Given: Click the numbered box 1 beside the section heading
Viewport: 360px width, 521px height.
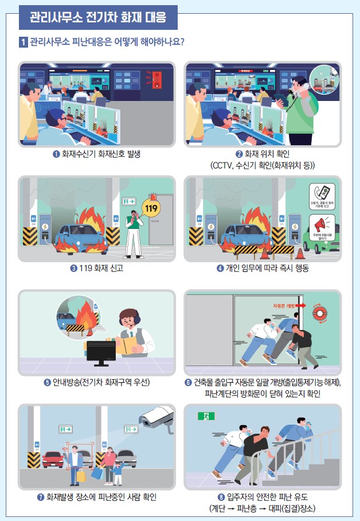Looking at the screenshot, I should click(x=23, y=42).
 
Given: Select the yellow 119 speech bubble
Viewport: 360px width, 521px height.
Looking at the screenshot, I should click(x=152, y=208).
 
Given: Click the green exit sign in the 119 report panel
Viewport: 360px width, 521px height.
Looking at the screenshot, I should click(x=128, y=201).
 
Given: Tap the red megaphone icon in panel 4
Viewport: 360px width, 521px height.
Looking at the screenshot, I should click(x=322, y=223).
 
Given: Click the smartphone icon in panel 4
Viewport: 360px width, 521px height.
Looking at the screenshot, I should click(x=322, y=192).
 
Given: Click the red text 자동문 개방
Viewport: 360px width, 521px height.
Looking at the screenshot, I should click(x=284, y=306).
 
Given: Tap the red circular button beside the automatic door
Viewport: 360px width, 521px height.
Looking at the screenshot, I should click(x=319, y=314).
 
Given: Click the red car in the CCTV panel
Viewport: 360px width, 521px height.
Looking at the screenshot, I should click(x=53, y=459).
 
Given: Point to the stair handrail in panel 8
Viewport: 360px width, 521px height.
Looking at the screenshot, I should click(x=298, y=442).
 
